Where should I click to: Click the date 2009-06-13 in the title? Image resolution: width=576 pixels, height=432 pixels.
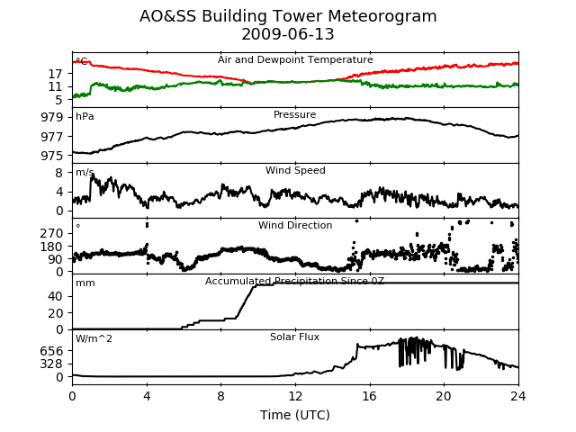click(288, 34)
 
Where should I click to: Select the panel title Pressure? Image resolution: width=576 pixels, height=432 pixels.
click(294, 114)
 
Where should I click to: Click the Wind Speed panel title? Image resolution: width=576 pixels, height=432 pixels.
click(295, 170)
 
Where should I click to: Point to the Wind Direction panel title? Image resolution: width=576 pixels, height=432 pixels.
click(295, 225)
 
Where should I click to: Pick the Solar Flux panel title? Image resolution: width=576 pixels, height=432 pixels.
click(294, 337)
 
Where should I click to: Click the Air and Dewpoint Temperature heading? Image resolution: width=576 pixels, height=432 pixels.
click(295, 60)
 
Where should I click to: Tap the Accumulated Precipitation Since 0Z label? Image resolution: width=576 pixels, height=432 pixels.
click(294, 282)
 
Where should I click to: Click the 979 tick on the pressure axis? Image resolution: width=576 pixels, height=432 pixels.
click(52, 118)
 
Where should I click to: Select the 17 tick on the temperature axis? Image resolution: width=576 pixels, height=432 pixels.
click(56, 74)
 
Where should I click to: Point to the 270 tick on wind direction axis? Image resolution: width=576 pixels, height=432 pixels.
click(52, 234)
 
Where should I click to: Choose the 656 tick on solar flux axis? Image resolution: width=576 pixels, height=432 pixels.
click(52, 351)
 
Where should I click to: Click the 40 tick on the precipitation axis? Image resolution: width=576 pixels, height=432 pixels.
click(56, 296)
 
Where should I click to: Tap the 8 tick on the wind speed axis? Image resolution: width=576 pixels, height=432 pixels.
click(59, 173)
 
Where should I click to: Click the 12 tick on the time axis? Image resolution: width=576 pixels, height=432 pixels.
click(295, 396)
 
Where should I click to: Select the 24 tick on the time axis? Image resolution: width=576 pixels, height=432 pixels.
click(518, 396)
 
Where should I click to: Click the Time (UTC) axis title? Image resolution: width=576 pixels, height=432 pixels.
click(295, 415)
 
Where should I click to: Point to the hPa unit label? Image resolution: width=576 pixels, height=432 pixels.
click(85, 116)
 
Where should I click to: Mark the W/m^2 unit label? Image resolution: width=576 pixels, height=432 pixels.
click(94, 338)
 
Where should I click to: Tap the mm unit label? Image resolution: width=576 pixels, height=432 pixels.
click(85, 283)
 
